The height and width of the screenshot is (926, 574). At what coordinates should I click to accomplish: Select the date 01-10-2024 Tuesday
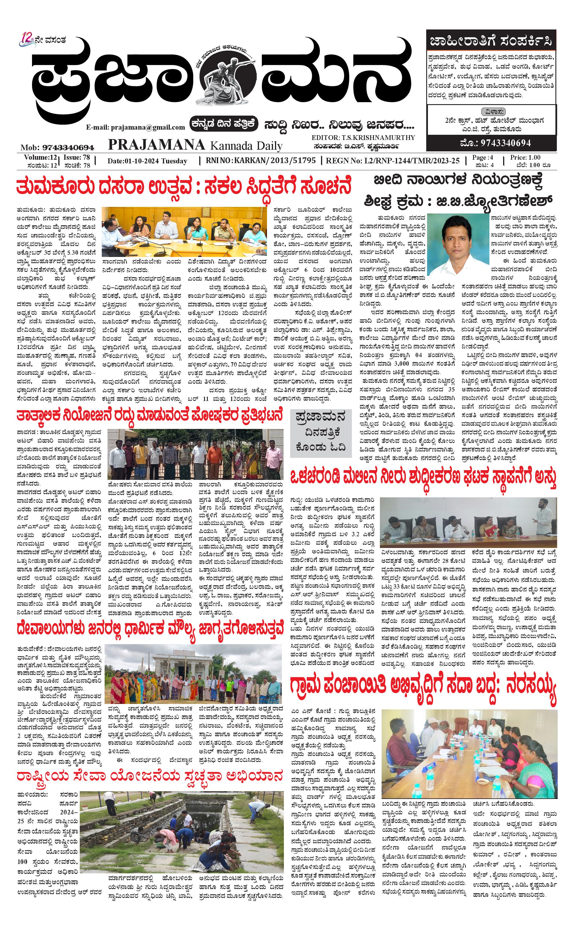147,161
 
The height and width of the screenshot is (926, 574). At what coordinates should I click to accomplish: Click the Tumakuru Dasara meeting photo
184,231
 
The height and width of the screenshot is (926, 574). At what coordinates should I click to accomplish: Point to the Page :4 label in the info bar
483,157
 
